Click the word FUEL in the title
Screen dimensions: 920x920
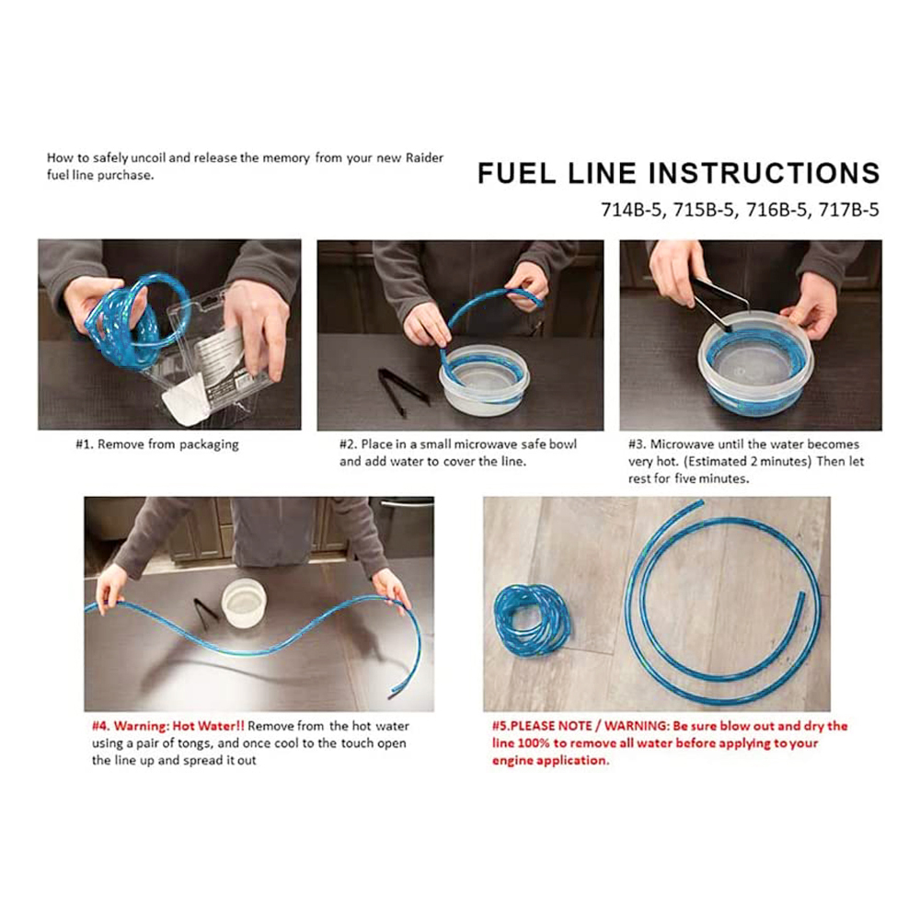pyautogui.click(x=516, y=173)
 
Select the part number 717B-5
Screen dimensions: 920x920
pyautogui.click(x=848, y=210)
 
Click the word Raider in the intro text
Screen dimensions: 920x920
pyautogui.click(x=425, y=158)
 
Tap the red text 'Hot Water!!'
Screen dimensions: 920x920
pyautogui.click(x=208, y=726)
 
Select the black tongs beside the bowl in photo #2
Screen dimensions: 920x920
pyautogui.click(x=403, y=392)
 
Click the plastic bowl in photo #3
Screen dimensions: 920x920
pyautogui.click(x=755, y=362)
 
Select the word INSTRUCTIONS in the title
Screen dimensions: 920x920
pyautogui.click(x=764, y=173)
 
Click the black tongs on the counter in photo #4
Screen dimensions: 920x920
pyautogui.click(x=205, y=613)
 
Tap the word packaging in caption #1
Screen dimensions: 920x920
pyautogui.click(x=209, y=445)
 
